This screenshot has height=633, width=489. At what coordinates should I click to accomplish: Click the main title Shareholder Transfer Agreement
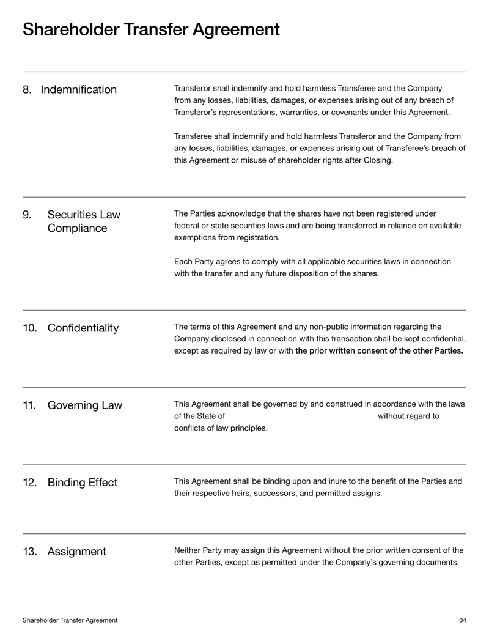[151, 29]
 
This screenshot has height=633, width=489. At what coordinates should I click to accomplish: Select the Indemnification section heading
[78, 90]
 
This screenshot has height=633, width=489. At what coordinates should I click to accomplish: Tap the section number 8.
[27, 90]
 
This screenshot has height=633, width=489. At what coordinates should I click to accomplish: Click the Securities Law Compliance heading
[83, 221]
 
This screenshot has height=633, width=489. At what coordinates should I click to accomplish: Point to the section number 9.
[27, 215]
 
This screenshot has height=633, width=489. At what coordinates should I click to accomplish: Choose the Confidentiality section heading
[83, 328]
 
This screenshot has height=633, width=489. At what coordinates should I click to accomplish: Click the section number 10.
[30, 328]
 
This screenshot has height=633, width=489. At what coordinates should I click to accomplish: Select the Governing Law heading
[84, 405]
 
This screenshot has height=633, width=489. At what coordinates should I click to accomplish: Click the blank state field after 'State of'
[301, 416]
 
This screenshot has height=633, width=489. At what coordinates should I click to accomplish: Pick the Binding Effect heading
[82, 483]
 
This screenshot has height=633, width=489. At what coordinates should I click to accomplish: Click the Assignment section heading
[76, 552]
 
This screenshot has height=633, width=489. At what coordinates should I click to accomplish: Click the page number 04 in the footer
[462, 620]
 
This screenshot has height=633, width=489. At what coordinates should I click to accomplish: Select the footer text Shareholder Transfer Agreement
[70, 620]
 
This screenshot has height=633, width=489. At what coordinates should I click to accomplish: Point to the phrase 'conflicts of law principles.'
[221, 428]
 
